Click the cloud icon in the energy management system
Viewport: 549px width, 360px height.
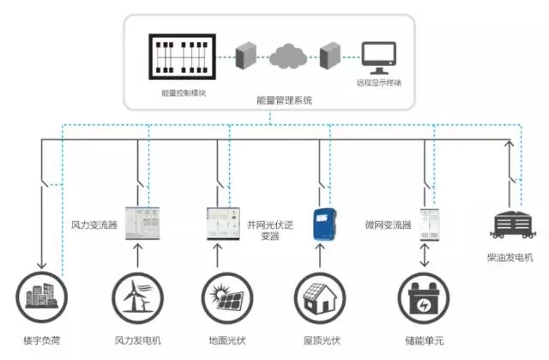pyautogui.click(x=285, y=57)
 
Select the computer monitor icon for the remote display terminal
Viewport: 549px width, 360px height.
pyautogui.click(x=378, y=57)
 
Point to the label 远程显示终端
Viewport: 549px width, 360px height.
pyautogui.click(x=378, y=83)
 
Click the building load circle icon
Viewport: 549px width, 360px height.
pyautogui.click(x=39, y=297)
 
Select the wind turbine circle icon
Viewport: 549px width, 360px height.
pyautogui.click(x=137, y=297)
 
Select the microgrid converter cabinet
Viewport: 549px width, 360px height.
pyautogui.click(x=430, y=222)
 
